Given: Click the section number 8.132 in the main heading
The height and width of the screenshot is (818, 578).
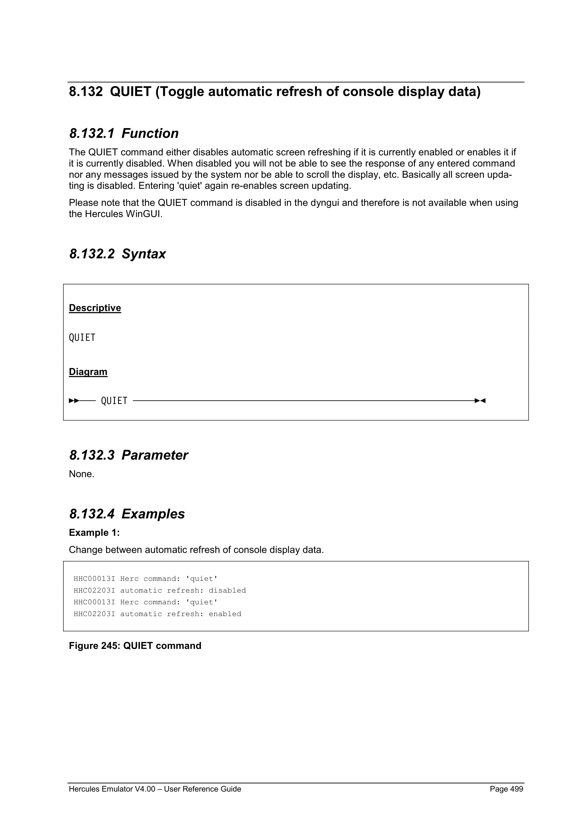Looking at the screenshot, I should coord(85,92).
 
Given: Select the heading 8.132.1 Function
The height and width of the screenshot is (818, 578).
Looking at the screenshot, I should coord(124,133).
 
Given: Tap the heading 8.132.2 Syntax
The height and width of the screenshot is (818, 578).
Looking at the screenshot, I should coord(117,254).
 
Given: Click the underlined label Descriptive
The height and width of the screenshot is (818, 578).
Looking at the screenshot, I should coord(95,308).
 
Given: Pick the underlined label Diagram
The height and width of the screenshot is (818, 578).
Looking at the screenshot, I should coord(88,372).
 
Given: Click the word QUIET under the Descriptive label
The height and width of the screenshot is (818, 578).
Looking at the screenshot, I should coord(82,337).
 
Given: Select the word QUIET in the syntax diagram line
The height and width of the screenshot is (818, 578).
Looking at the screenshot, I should coord(114,401).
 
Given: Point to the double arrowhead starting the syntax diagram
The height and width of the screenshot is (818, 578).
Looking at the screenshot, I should coord(74,401).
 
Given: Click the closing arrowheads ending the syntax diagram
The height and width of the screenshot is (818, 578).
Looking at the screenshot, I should coord(480,401).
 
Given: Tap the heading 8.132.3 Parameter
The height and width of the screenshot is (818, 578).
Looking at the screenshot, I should coord(128,455).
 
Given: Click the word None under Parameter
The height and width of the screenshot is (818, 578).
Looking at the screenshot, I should coord(81,474).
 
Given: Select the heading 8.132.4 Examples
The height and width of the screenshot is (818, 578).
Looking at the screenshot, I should coord(127,514).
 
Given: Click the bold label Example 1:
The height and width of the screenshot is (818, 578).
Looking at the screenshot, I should coord(94,533).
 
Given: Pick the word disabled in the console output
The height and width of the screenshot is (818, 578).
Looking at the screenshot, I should coord(227,590).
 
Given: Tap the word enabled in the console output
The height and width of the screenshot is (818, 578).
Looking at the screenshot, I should coord(225,614).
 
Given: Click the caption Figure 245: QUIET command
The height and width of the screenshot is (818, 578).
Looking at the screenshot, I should coord(135,646).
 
